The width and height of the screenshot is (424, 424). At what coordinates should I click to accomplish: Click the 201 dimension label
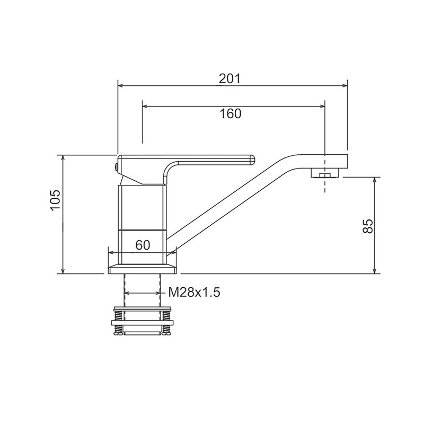pyautogui.click(x=229, y=78)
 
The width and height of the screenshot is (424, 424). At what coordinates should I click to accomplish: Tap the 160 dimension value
pyautogui.click(x=231, y=113)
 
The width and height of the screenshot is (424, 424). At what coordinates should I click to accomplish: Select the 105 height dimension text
pyautogui.click(x=56, y=200)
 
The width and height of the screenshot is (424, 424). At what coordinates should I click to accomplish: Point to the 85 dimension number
pyautogui.click(x=368, y=226)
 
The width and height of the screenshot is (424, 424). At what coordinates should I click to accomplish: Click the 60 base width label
pyautogui.click(x=143, y=245)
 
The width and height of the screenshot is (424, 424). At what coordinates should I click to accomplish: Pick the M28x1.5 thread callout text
pyautogui.click(x=194, y=293)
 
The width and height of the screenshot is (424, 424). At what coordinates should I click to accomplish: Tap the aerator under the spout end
pyautogui.click(x=325, y=173)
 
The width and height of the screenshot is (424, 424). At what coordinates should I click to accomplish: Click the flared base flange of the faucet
pyautogui.click(x=143, y=269)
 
